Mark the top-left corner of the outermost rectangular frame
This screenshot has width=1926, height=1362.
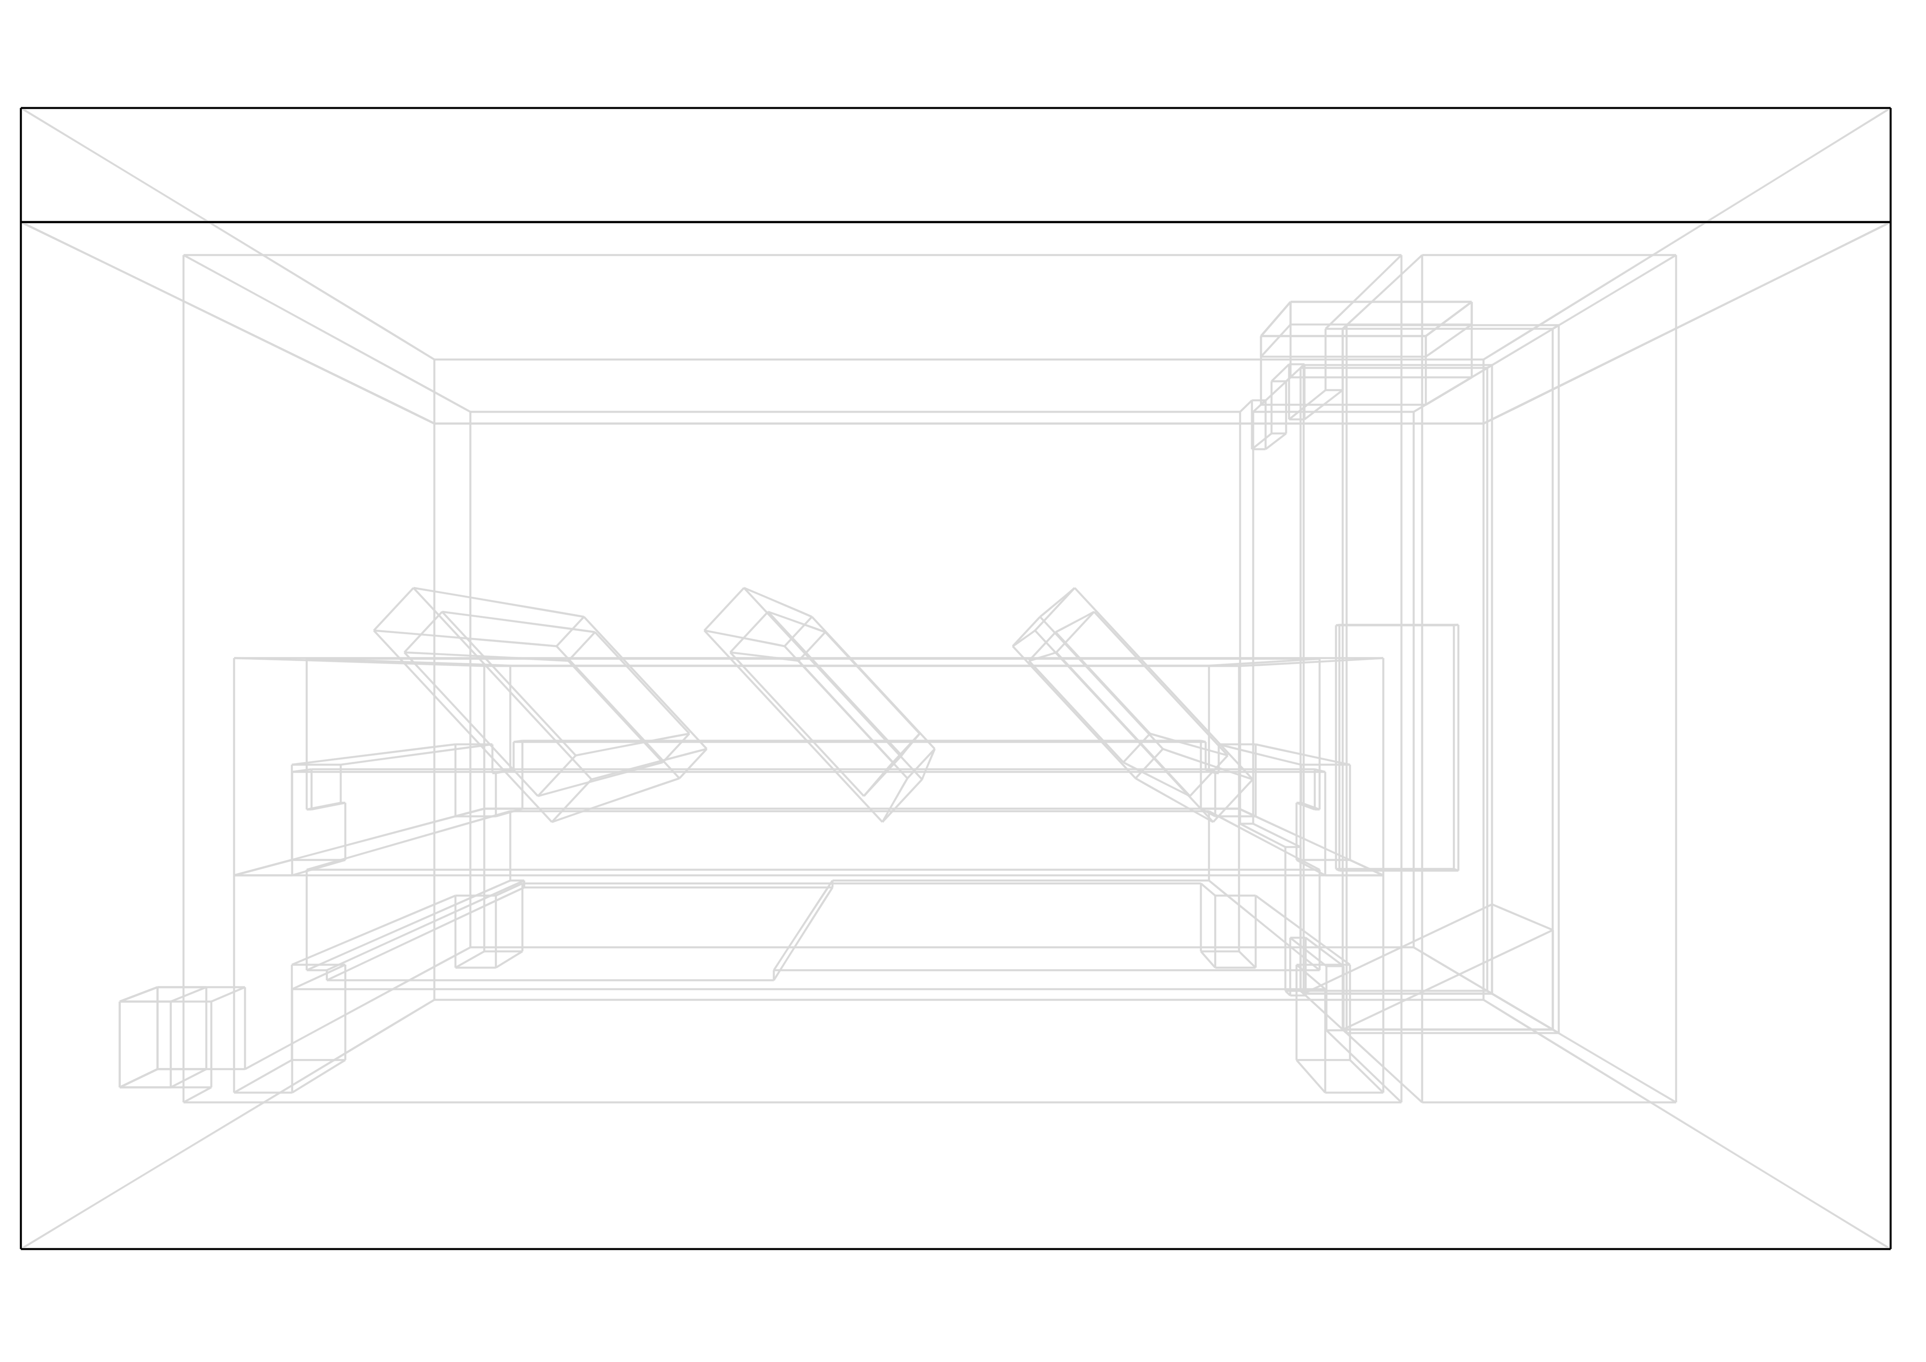click(184, 255)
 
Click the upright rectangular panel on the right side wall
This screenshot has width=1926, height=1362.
click(1397, 747)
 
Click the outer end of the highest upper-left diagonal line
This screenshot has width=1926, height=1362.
click(23, 110)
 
